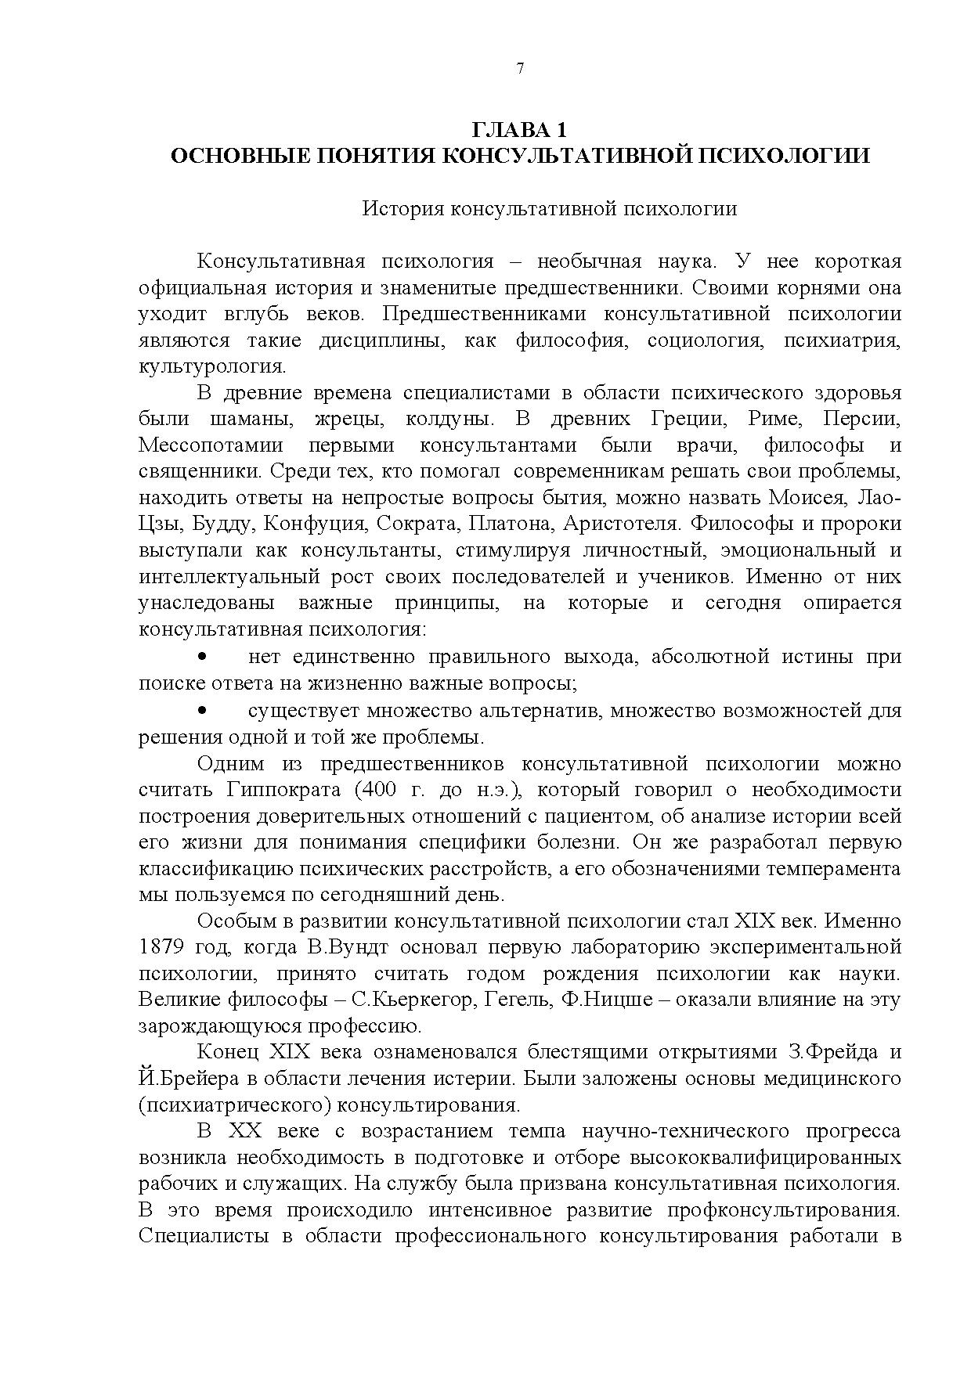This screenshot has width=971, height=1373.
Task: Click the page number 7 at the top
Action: pyautogui.click(x=520, y=69)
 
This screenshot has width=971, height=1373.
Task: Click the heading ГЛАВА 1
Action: pyautogui.click(x=519, y=130)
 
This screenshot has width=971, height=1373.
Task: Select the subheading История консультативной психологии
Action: pyautogui.click(x=549, y=209)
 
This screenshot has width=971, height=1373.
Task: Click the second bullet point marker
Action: pyautogui.click(x=203, y=710)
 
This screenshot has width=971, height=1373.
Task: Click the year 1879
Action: pyautogui.click(x=161, y=947)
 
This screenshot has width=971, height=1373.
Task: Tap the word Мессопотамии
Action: pyautogui.click(x=211, y=445)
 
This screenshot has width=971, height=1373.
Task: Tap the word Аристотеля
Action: pyautogui.click(x=615, y=524)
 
